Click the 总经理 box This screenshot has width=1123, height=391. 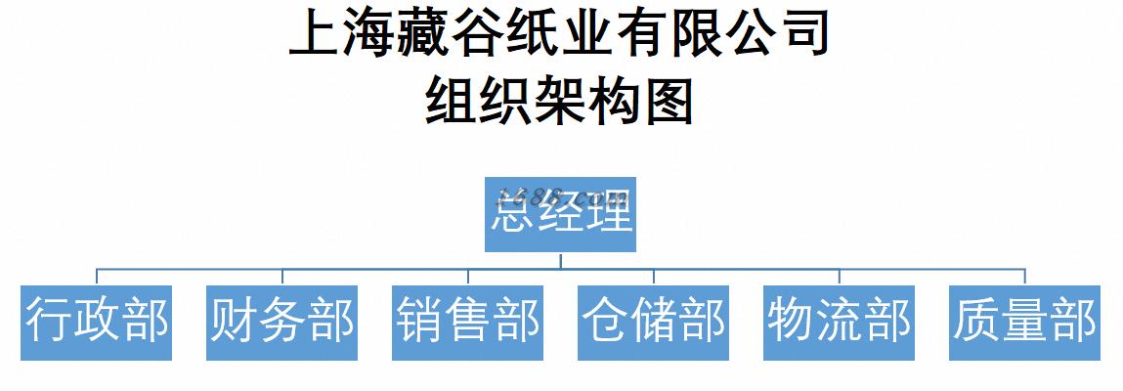coord(560,214)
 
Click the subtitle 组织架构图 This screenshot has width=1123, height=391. coord(560,101)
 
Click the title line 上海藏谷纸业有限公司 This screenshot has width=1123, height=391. coord(560,32)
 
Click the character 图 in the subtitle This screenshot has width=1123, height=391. coord(668,101)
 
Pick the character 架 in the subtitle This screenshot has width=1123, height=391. coord(560,101)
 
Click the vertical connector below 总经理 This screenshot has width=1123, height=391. coord(560,259)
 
